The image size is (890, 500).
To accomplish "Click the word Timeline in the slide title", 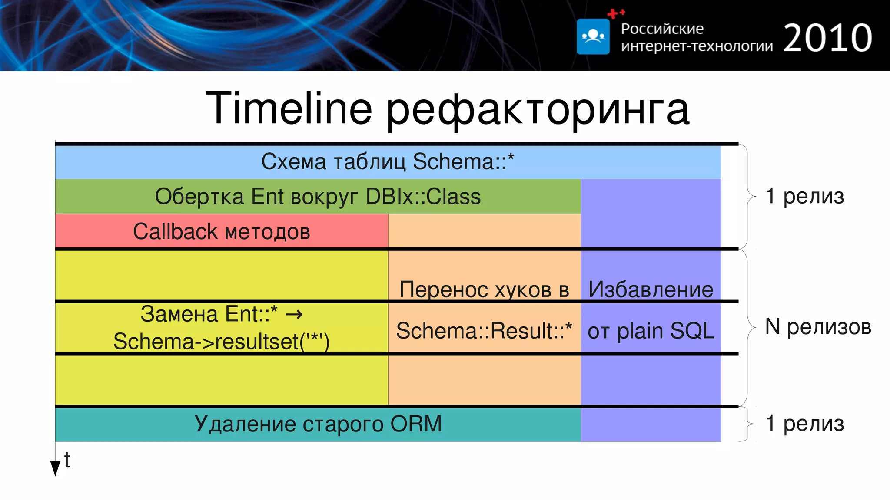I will tap(289, 108).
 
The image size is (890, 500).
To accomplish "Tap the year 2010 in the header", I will tap(827, 38).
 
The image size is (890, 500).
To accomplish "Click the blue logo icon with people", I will tap(593, 36).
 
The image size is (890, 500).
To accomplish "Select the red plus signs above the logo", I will tap(615, 13).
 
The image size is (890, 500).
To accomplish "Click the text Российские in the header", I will tap(662, 29).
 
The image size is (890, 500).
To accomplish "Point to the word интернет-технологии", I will tap(697, 46).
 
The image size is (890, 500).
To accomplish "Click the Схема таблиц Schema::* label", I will tap(388, 161).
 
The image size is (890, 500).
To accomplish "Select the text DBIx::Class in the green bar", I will tap(423, 196).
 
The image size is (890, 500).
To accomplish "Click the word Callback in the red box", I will tap(175, 231).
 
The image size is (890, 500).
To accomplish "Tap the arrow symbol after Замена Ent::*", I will tap(294, 314).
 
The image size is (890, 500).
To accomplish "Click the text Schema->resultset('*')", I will tap(221, 342).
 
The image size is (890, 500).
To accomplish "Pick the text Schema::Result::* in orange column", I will tap(484, 331).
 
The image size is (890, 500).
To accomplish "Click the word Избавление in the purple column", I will tap(651, 289).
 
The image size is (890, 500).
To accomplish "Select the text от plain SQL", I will tap(651, 331).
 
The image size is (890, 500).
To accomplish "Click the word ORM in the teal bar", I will tap(416, 424).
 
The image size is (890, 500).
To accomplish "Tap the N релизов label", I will tap(818, 326).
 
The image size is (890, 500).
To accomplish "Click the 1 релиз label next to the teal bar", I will tap(805, 423).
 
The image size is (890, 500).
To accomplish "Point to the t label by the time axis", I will tap(67, 460).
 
